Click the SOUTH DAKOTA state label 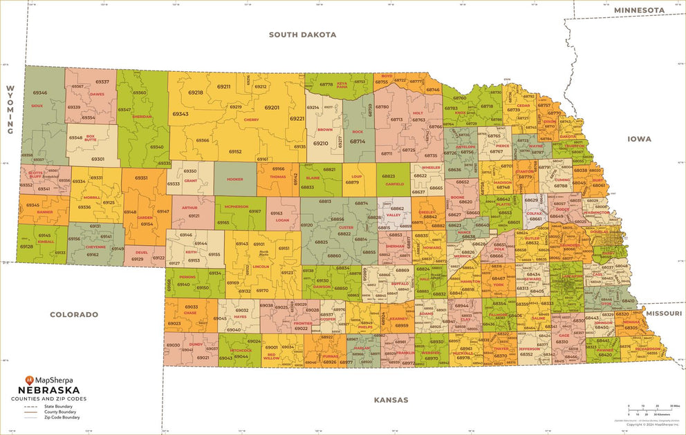[302, 35]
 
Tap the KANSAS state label [391, 400]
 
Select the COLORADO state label [73, 315]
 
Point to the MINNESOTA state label [639, 10]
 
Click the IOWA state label [639, 139]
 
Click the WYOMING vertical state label [10, 110]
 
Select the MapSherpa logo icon [29, 379]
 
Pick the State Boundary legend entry [59, 407]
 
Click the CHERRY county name [251, 119]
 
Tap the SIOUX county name [37, 106]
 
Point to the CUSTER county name [346, 227]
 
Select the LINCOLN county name [261, 266]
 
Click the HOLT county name [417, 113]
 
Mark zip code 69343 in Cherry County [180, 114]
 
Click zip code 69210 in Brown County [320, 144]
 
